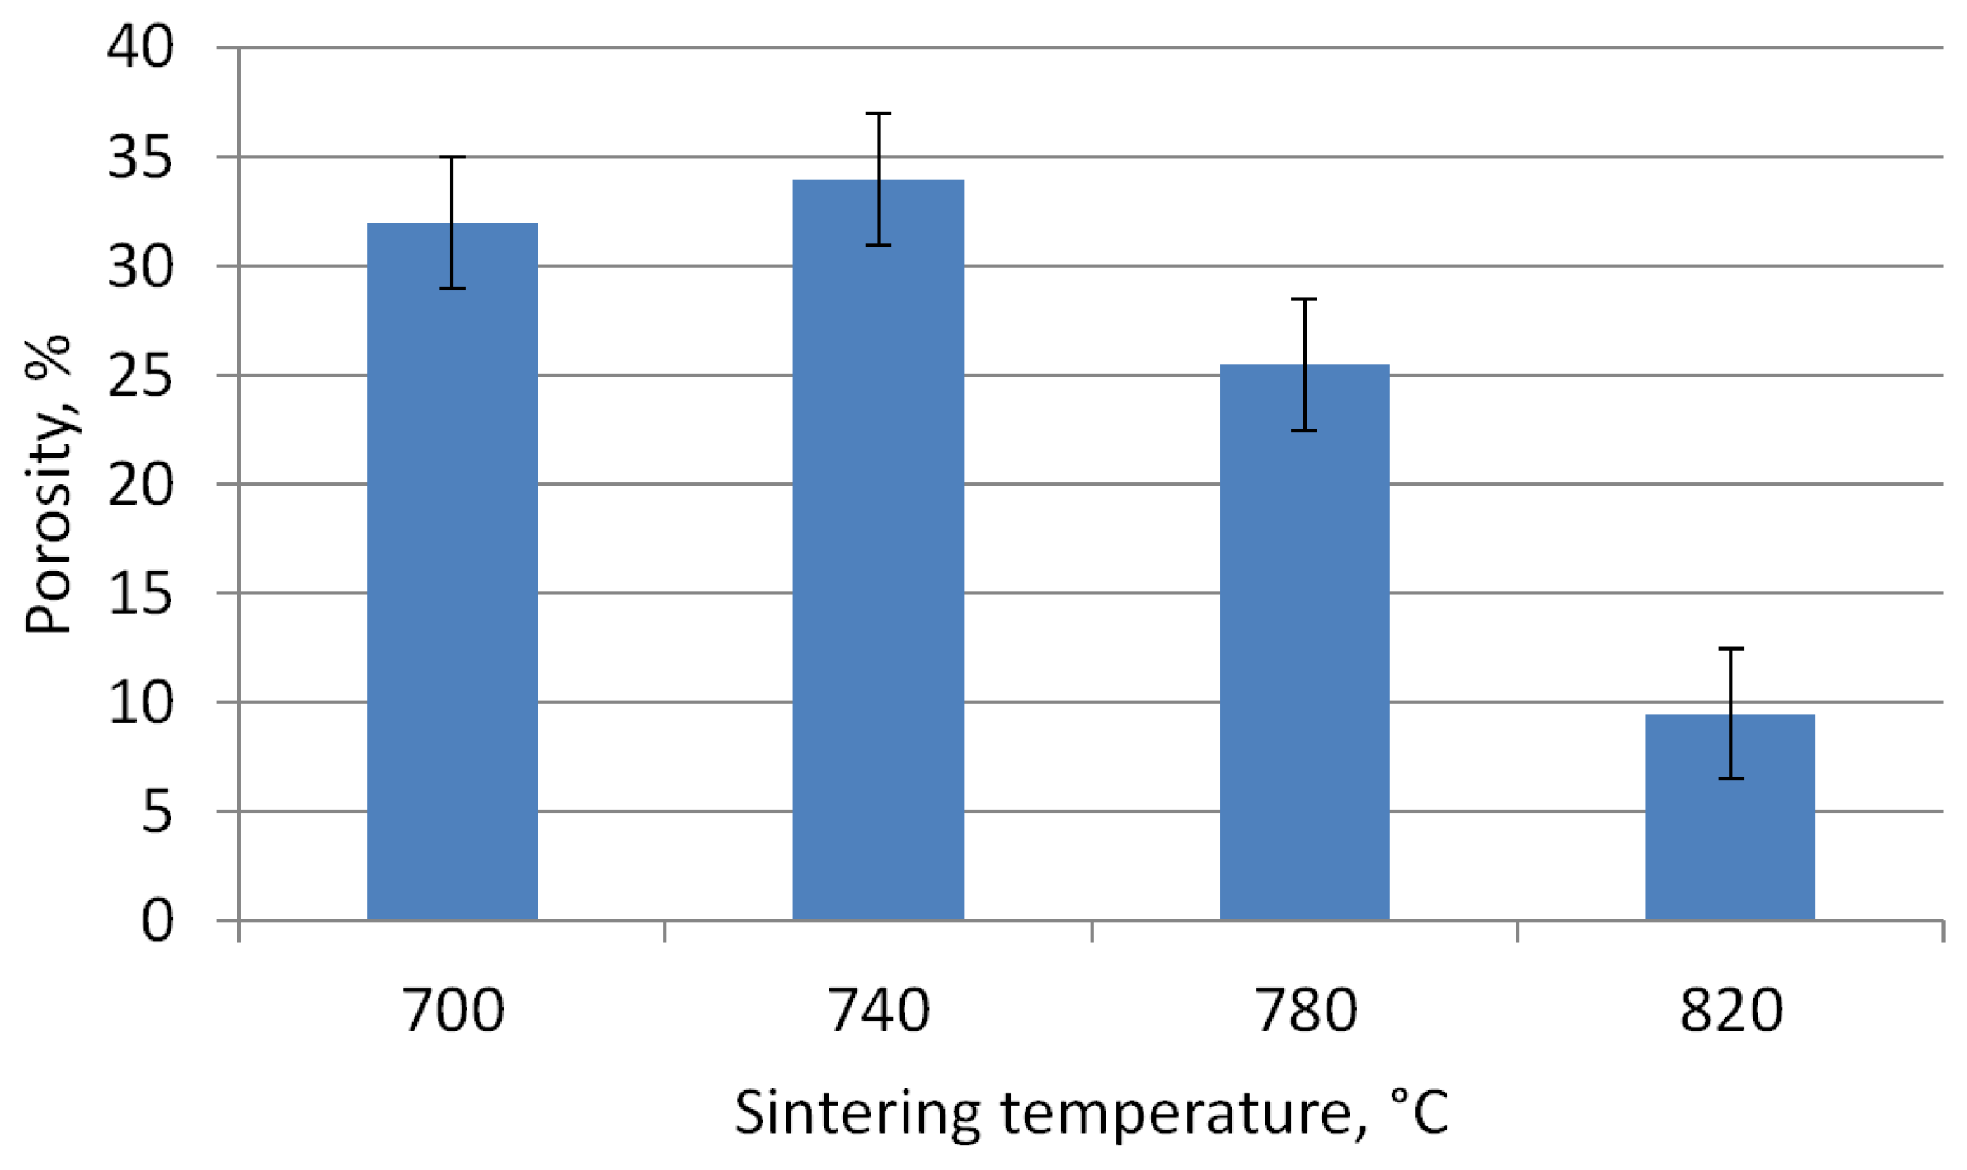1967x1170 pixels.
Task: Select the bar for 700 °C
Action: click(452, 577)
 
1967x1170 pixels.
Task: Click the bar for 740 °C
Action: click(878, 561)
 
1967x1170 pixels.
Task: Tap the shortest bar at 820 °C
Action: click(1730, 825)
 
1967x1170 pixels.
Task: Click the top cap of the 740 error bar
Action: click(878, 114)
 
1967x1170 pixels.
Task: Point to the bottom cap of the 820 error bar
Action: click(1730, 778)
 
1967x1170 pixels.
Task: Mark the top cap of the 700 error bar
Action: click(452, 157)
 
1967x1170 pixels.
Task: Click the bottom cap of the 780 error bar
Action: click(1304, 430)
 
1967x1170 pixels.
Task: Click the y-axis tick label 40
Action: click(140, 47)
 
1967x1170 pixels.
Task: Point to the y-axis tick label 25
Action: click(140, 375)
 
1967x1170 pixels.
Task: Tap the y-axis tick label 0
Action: click(157, 921)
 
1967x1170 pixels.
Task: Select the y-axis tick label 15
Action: click(140, 594)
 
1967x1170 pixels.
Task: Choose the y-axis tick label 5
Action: click(157, 812)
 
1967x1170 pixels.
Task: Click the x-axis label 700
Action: click(452, 1011)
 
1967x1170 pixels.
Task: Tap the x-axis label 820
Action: click(1730, 1011)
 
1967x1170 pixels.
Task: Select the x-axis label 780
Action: click(1304, 1011)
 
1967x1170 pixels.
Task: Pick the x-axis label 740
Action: click(878, 1011)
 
